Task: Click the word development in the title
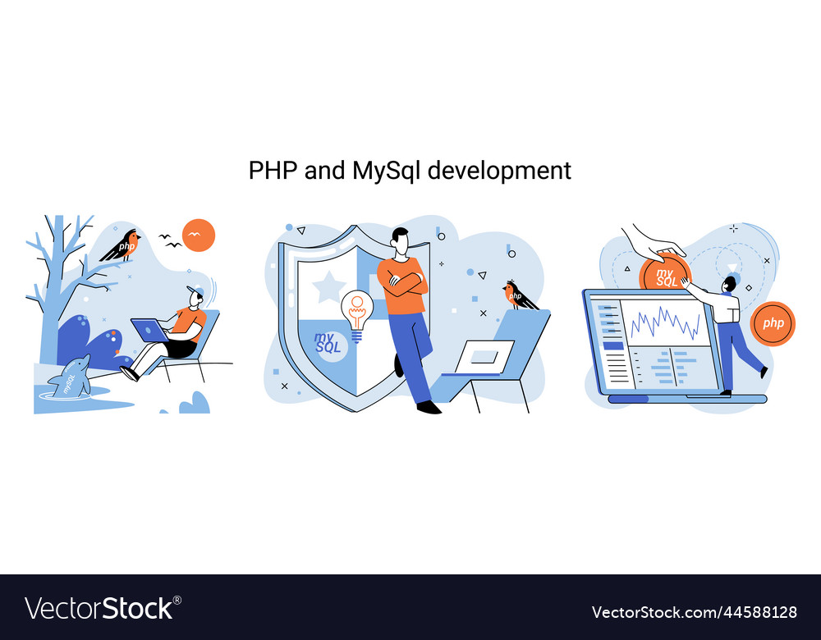(x=499, y=171)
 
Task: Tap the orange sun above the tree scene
(x=199, y=235)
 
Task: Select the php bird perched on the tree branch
(x=122, y=245)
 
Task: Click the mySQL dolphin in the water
(x=70, y=377)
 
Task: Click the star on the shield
(x=329, y=287)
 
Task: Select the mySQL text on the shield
(x=328, y=343)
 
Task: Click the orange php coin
(x=773, y=323)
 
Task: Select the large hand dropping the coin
(x=652, y=243)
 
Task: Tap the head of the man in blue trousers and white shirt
(x=729, y=286)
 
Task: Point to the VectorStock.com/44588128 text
(x=695, y=612)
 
